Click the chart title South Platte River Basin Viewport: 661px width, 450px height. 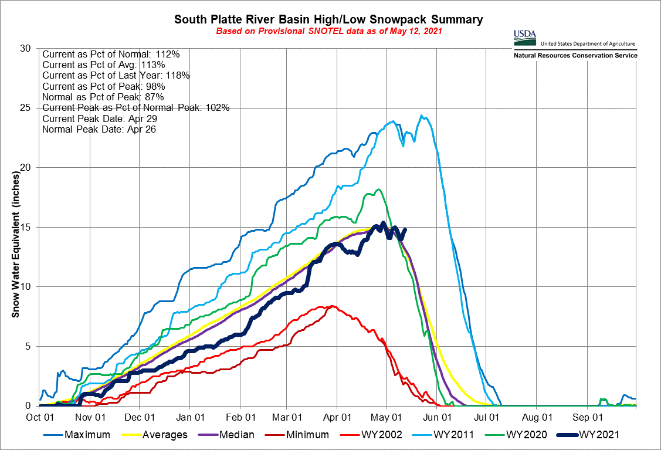click(329, 20)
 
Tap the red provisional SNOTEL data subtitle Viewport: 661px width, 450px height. click(329, 31)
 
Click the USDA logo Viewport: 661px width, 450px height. click(524, 36)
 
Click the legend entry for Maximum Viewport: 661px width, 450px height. click(87, 435)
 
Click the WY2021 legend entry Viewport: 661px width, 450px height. click(598, 435)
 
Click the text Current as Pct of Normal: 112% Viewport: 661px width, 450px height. click(111, 55)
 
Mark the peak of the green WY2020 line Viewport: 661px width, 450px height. click(379, 189)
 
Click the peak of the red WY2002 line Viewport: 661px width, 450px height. click(332, 306)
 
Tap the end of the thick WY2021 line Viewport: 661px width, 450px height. click(405, 229)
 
